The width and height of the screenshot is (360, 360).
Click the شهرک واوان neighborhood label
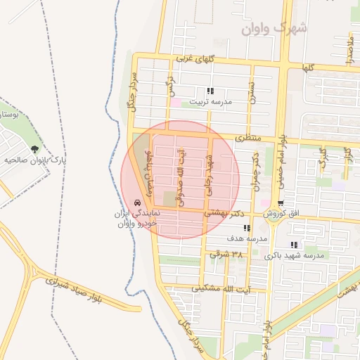274,28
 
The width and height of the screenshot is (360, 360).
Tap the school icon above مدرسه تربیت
210,91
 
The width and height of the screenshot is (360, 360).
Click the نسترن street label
251,91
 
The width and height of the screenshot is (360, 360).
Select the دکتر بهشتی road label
229,211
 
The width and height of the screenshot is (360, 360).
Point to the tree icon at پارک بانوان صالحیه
34,149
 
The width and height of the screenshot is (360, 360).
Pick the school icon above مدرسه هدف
246,229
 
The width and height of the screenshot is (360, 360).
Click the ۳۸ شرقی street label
226,254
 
